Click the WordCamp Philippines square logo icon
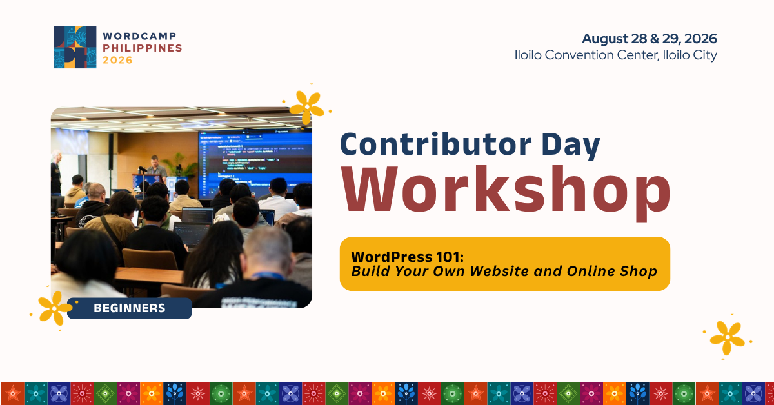pyautogui.click(x=75, y=47)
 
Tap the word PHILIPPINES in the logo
pyautogui.click(x=143, y=48)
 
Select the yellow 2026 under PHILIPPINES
pyautogui.click(x=117, y=60)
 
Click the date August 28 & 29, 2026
pyautogui.click(x=650, y=39)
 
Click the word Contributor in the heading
pyautogui.click(x=436, y=144)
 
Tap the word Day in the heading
pyautogui.click(x=570, y=145)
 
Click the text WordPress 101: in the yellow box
pyautogui.click(x=407, y=257)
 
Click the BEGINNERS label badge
pyautogui.click(x=130, y=308)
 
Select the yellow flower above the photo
pyautogui.click(x=307, y=108)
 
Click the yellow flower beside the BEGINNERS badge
pyautogui.click(x=55, y=308)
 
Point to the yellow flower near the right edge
pyautogui.click(x=728, y=338)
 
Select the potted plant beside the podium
pyautogui.click(x=179, y=166)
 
